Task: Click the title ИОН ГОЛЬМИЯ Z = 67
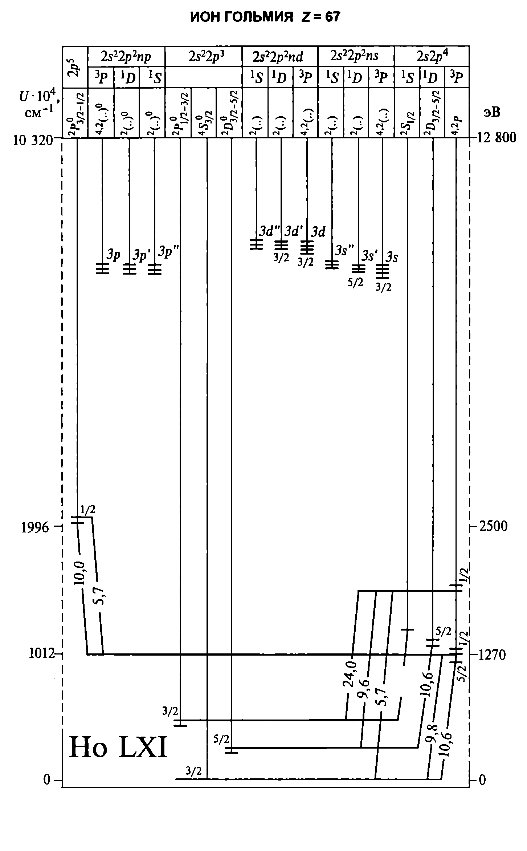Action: (265, 17)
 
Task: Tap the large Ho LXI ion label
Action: (118, 748)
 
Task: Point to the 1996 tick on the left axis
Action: (35, 527)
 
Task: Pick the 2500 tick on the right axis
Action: (493, 526)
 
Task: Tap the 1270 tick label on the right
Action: (492, 655)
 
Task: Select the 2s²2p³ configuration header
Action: (203, 56)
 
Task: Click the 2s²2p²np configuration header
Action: (126, 56)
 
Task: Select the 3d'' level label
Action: (270, 231)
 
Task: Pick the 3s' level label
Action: (369, 256)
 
